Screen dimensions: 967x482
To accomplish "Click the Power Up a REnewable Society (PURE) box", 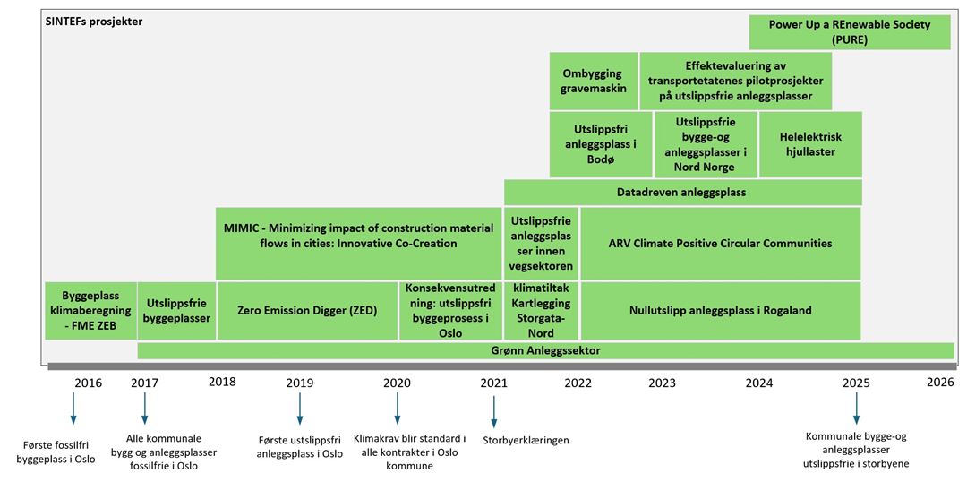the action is (849, 33).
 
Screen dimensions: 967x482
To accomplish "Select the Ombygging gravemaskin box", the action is (594, 81).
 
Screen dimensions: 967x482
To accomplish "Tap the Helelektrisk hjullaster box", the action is (810, 144).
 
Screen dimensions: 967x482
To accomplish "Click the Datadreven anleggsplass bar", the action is (682, 193).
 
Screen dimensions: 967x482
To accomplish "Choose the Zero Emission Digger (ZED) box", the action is (307, 311).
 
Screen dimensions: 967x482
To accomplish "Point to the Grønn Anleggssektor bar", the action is (546, 350).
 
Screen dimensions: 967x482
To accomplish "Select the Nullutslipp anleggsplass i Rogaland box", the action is (720, 311).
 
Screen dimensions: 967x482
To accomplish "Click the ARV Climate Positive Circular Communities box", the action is (720, 243).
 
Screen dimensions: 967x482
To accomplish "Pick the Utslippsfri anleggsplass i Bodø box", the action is (601, 144).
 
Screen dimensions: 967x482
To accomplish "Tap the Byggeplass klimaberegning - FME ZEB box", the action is (90, 311).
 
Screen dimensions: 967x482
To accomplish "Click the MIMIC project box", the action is (358, 243).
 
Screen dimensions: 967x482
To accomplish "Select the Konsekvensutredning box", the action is (450, 311).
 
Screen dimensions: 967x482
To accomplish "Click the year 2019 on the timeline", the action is (300, 383).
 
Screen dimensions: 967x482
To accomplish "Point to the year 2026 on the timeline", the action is (940, 382).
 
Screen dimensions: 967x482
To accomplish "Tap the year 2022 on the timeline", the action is (578, 383).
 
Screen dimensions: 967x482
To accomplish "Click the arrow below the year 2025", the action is (855, 409).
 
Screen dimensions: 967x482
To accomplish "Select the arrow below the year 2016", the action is (73, 409).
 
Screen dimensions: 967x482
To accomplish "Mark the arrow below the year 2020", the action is (398, 409).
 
